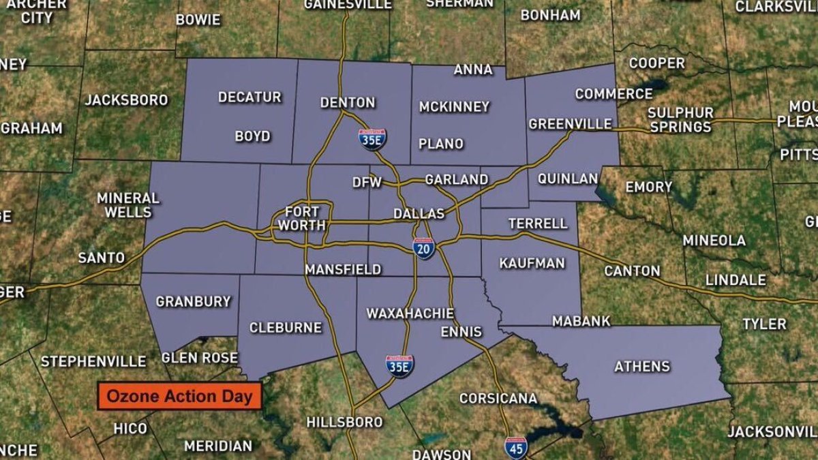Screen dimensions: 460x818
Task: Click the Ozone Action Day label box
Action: click(180, 396)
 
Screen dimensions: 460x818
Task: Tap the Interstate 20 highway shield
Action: click(423, 248)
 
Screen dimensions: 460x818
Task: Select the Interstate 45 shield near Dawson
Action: click(515, 447)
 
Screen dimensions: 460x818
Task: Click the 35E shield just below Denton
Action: click(372, 139)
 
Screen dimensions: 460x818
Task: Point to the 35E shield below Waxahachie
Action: click(399, 366)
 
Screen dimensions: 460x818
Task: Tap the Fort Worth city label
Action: click(302, 217)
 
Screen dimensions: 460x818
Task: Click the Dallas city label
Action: click(419, 213)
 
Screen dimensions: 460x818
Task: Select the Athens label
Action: click(642, 367)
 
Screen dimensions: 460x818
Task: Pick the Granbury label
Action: click(194, 301)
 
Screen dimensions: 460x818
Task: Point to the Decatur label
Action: click(249, 97)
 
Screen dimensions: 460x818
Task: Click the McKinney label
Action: click(454, 106)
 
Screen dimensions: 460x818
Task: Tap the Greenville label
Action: click(571, 124)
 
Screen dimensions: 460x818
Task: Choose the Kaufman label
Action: click(532, 263)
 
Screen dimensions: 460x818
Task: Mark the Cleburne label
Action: click(285, 328)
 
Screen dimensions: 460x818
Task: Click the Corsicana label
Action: click(498, 398)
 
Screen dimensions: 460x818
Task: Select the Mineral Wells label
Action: click(127, 205)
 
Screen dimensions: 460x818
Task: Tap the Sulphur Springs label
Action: click(680, 119)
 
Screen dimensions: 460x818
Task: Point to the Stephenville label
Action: click(93, 361)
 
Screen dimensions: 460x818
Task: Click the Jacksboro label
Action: click(126, 100)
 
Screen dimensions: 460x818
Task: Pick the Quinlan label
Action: click(567, 179)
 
